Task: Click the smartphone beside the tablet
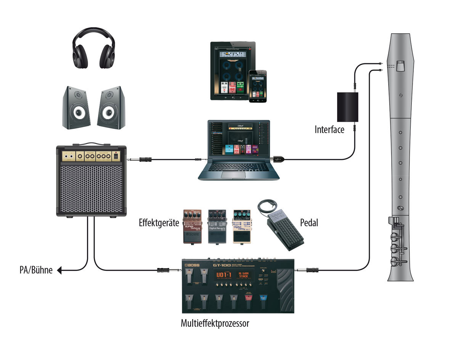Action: (259, 86)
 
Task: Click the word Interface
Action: (329, 129)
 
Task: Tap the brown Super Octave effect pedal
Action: (193, 226)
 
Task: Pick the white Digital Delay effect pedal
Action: (242, 226)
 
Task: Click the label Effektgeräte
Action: (159, 223)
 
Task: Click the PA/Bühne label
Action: (36, 271)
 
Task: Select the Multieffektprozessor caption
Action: (215, 324)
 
